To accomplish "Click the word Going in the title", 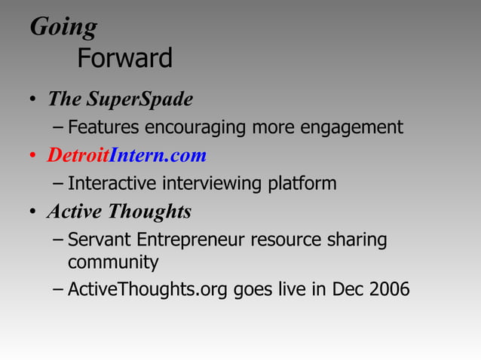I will coord(63,27).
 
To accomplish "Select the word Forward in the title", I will coord(125,57).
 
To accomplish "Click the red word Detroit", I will coord(78,155).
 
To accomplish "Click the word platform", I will coord(302,184).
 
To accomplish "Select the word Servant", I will coord(99,240).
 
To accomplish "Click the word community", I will coord(113,263).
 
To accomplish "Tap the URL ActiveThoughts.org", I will coord(149,290).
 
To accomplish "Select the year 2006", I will coord(390,290).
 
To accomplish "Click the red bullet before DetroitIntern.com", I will coord(34,157).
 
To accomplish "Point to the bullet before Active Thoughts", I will coord(34,213).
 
